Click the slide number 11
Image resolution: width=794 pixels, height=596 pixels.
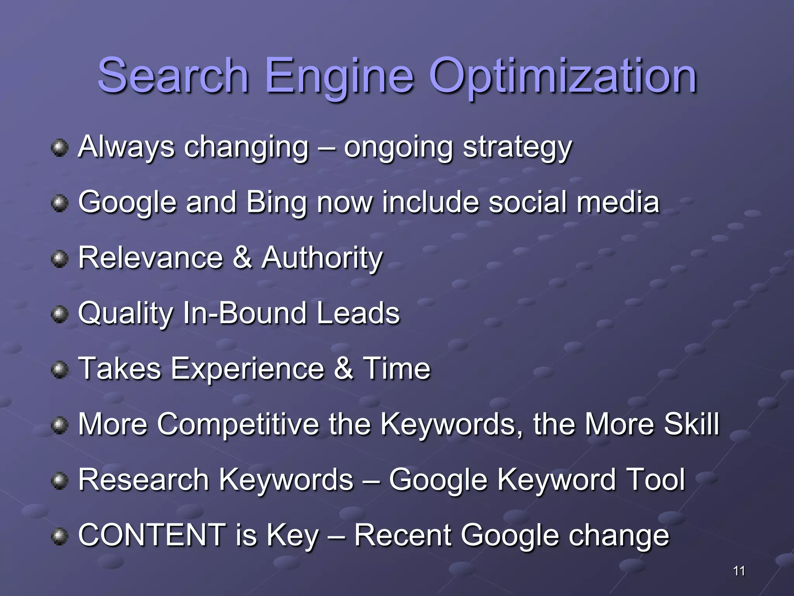pyautogui.click(x=739, y=571)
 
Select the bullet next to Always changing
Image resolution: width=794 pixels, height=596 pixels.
pyautogui.click(x=59, y=148)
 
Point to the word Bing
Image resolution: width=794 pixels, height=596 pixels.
pyautogui.click(x=276, y=203)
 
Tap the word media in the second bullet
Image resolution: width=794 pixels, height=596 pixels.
pyautogui.click(x=618, y=202)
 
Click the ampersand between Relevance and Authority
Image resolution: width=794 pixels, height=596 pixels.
pyautogui.click(x=242, y=258)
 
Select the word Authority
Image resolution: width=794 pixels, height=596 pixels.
pyautogui.click(x=322, y=258)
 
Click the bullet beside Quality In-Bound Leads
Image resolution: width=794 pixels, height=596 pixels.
pyautogui.click(x=59, y=314)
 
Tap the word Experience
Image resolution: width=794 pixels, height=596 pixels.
pyautogui.click(x=247, y=369)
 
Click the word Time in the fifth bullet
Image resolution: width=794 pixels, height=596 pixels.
pyautogui.click(x=396, y=368)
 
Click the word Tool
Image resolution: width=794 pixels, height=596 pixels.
pyautogui.click(x=655, y=480)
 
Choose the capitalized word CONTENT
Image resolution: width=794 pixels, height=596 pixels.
pyautogui.click(x=152, y=535)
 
